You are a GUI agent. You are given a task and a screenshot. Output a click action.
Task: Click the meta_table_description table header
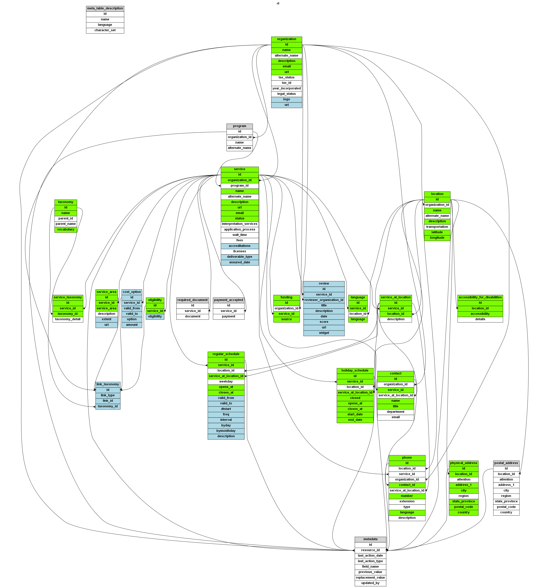coord(105,8)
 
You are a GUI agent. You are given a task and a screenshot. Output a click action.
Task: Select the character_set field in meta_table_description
coord(105,30)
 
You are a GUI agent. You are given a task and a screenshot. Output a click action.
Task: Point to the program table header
coord(239,126)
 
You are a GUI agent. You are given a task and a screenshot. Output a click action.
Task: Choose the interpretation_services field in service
coord(239,224)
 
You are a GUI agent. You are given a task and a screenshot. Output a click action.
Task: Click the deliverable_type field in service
coord(239,257)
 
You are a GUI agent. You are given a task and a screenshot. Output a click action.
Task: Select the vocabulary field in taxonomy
coord(66,229)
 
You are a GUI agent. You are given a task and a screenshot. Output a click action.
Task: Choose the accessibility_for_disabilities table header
coord(480,297)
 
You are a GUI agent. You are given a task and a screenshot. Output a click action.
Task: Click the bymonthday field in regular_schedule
coord(226,431)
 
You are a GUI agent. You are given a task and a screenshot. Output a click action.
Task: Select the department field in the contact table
coord(395,412)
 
